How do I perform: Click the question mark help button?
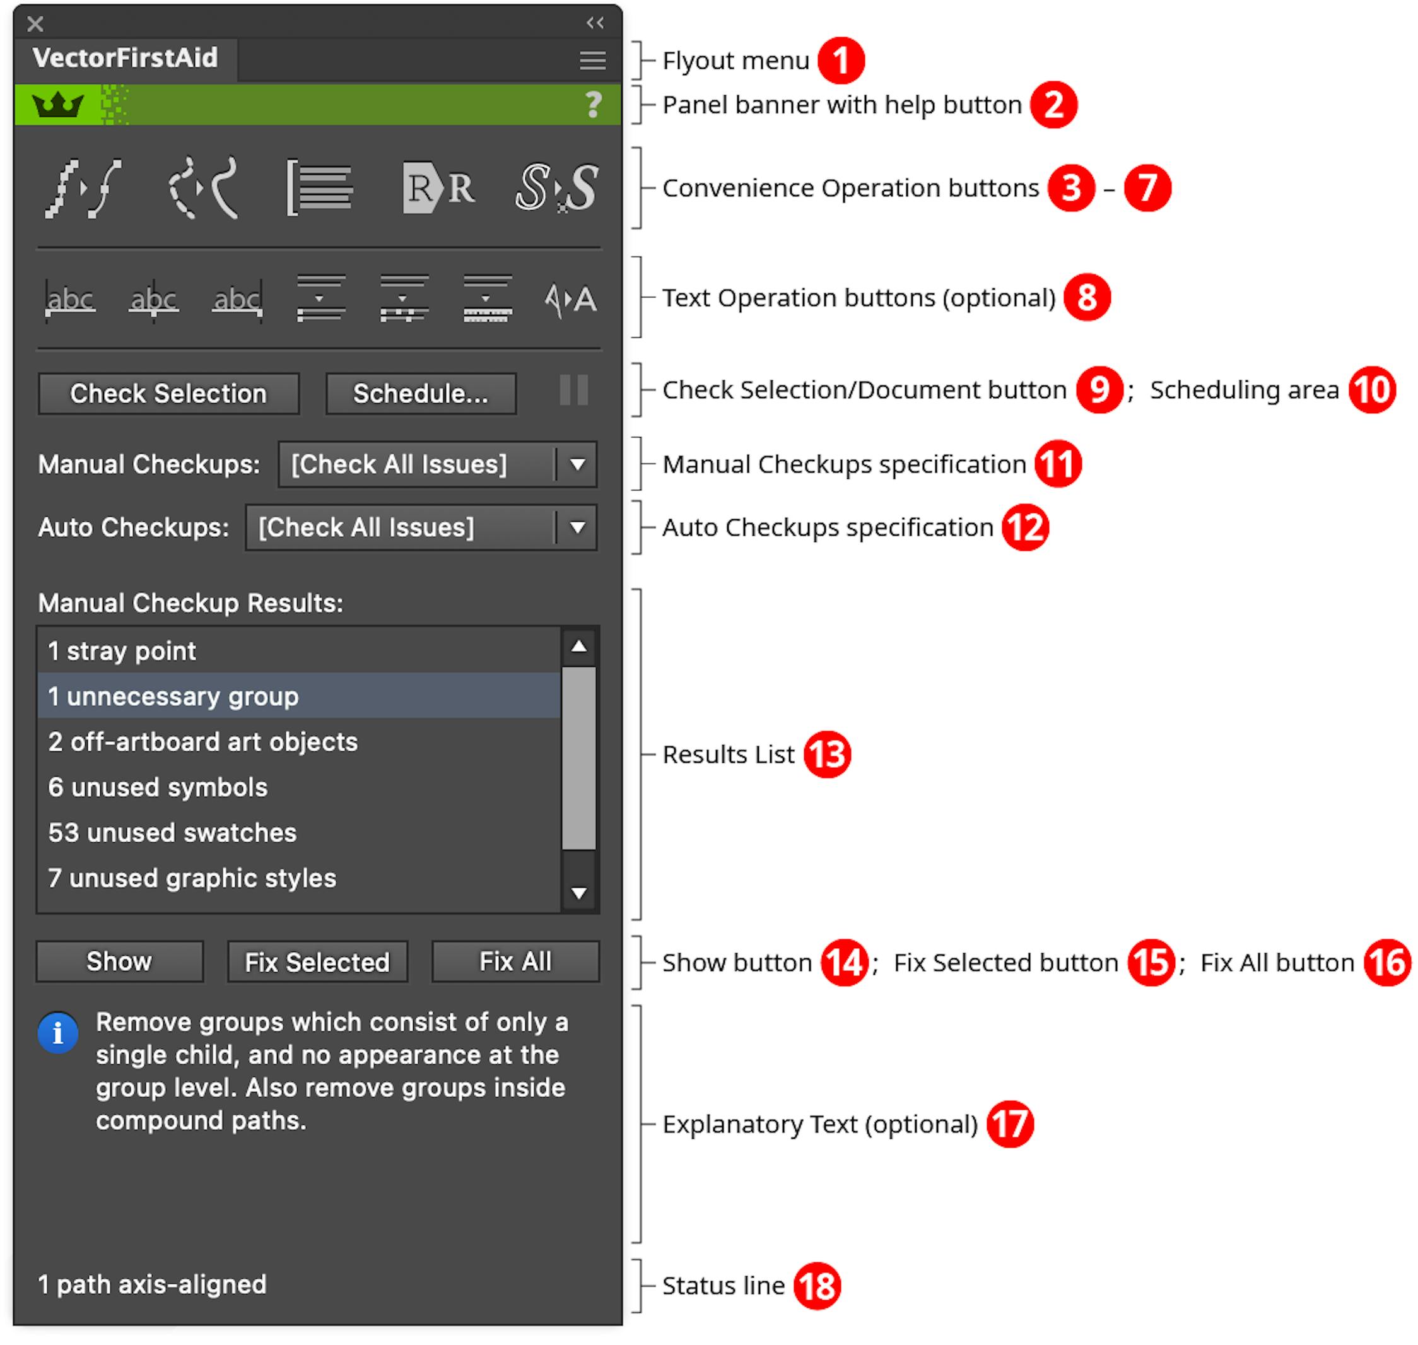tap(593, 105)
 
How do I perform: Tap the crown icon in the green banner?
tap(58, 105)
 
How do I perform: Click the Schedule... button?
tap(421, 394)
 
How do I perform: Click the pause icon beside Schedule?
tap(573, 391)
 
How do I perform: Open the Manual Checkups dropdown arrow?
tap(577, 464)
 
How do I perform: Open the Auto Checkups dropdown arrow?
tap(577, 527)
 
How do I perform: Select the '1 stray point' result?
tap(122, 651)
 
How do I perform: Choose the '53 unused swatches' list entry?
tap(172, 832)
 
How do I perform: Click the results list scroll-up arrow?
tap(578, 647)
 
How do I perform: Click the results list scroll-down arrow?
tap(578, 893)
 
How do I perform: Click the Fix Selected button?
tap(317, 962)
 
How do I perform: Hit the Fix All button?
tap(515, 961)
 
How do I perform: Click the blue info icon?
tap(58, 1033)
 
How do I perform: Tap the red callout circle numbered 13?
tap(826, 755)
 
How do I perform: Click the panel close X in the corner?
tap(35, 25)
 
